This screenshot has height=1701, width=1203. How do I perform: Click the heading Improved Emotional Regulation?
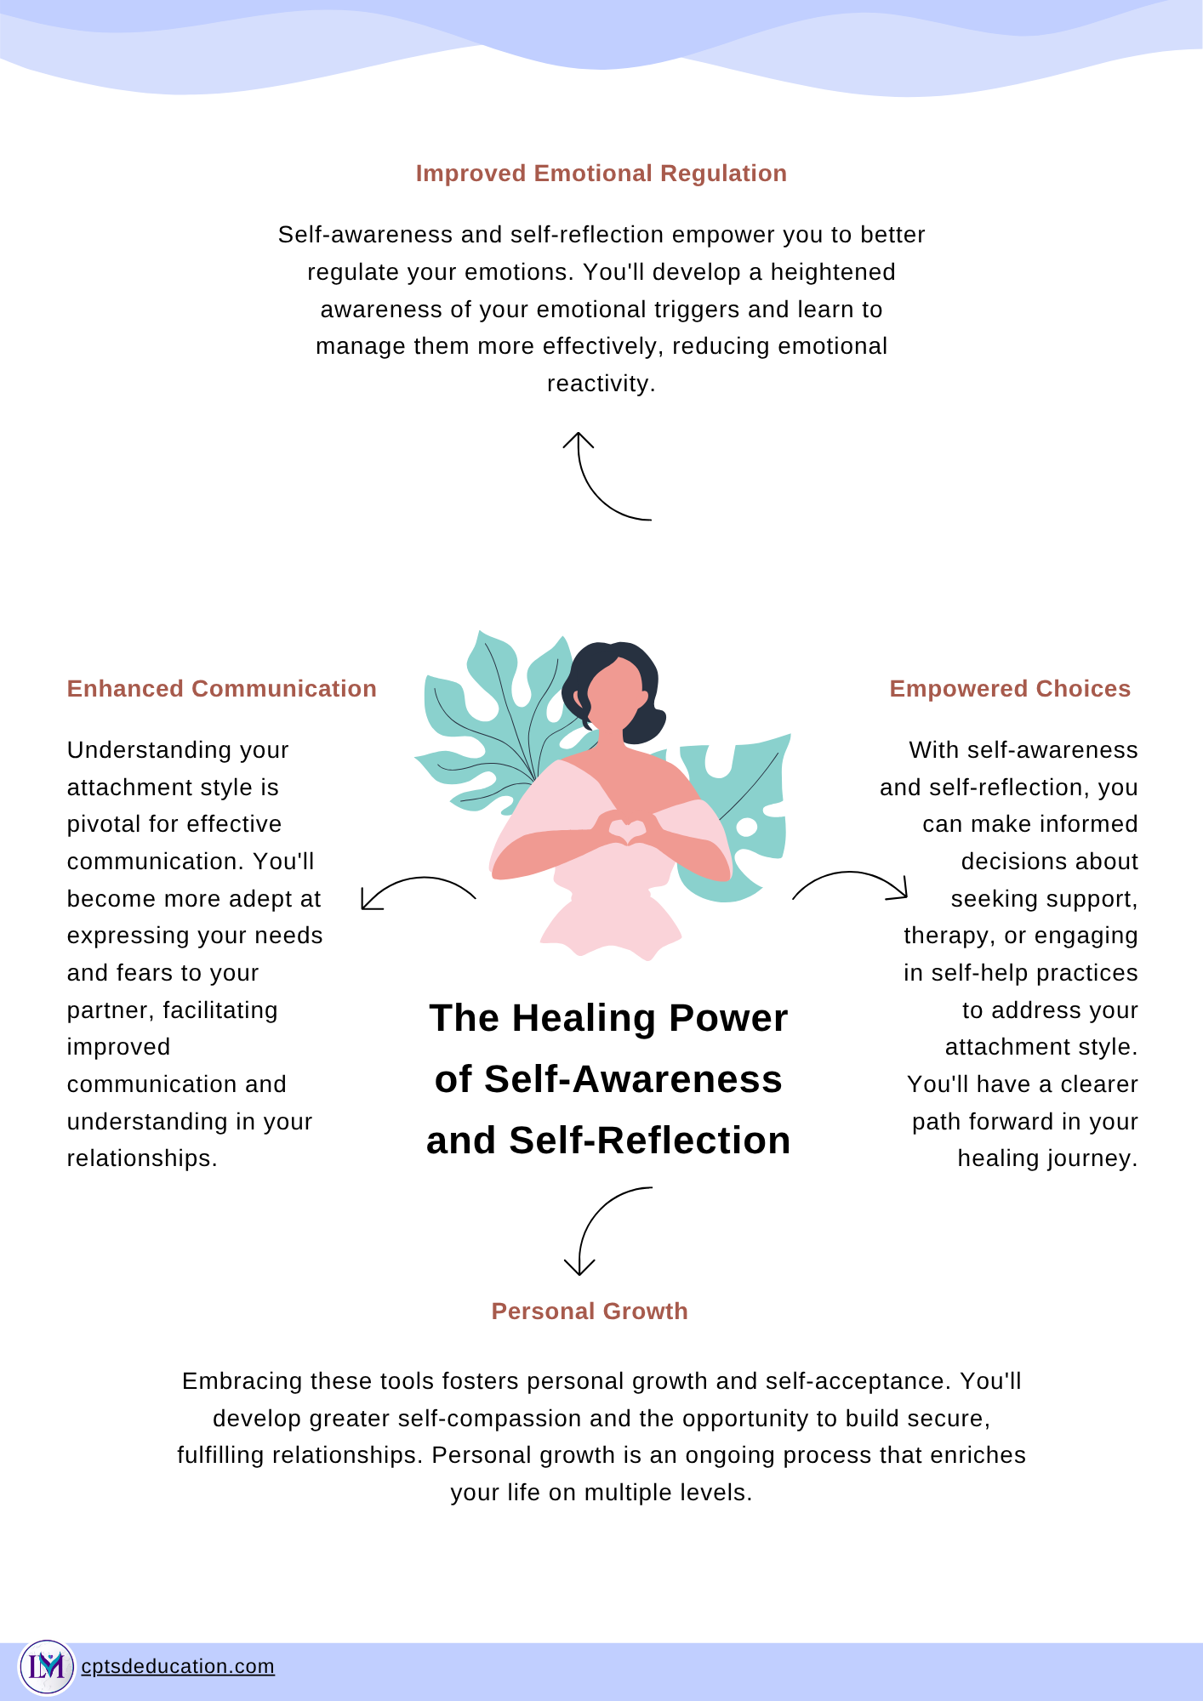(601, 174)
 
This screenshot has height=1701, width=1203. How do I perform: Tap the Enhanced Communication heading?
(222, 689)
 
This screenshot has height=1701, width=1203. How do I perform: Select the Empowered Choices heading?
(1010, 689)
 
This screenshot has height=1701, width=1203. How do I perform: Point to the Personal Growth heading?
(590, 1311)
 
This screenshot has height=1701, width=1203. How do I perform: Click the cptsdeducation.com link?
(178, 1666)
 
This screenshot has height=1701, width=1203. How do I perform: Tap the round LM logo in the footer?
(47, 1667)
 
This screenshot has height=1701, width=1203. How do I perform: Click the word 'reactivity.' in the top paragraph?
(601, 384)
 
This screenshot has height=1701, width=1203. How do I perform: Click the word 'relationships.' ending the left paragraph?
(142, 1159)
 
